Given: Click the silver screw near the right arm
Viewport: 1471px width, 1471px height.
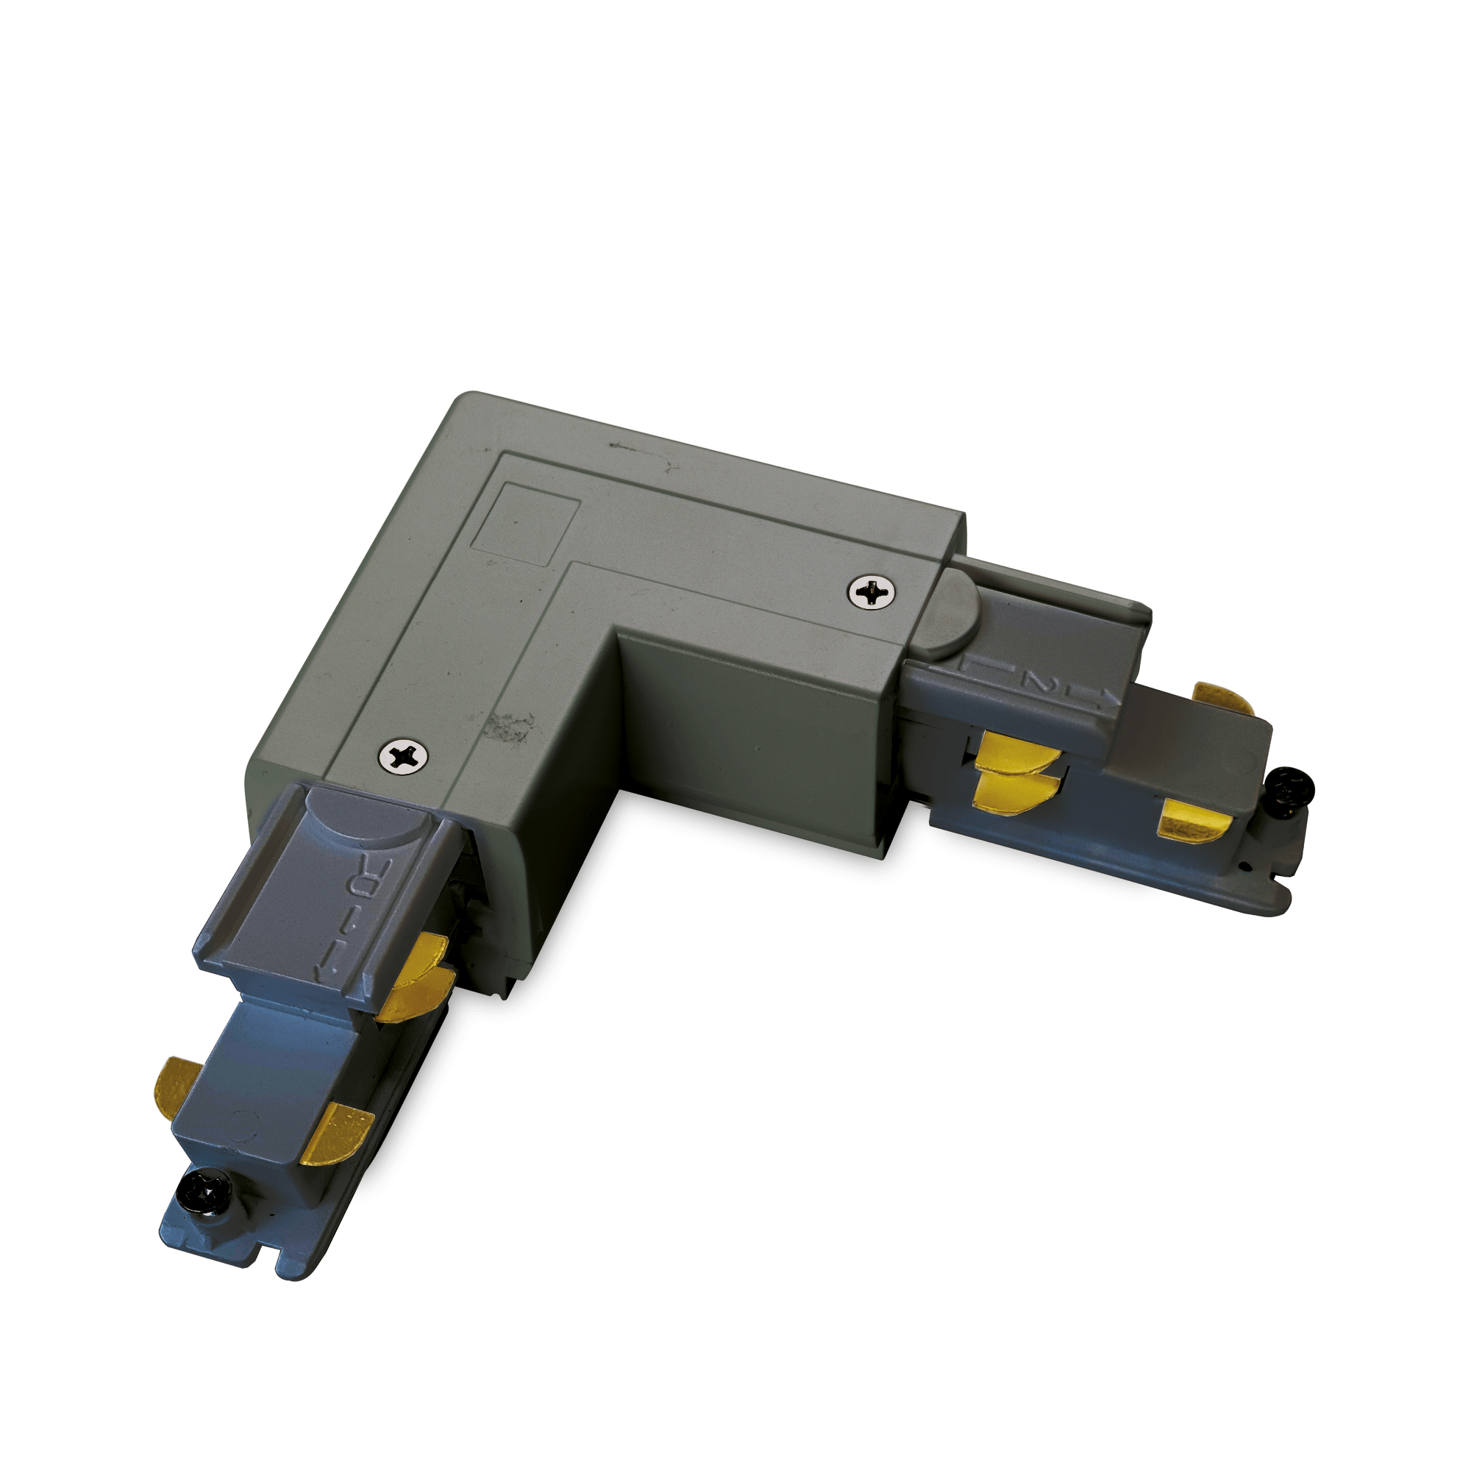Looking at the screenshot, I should click(x=871, y=591).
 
